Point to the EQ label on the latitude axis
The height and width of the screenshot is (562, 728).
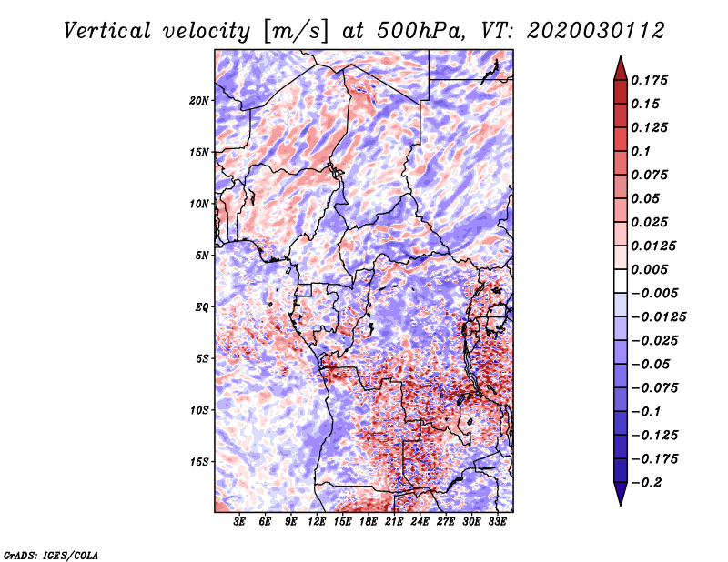coord(202,306)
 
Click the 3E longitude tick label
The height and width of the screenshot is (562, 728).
coord(240,521)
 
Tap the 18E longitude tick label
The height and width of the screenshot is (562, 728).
coord(369,521)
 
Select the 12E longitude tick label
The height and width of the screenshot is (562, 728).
coord(318,521)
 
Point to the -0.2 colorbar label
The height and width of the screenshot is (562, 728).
coord(652,482)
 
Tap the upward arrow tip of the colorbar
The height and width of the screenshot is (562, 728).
coord(620,60)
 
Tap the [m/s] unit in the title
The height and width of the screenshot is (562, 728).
coord(294,30)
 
